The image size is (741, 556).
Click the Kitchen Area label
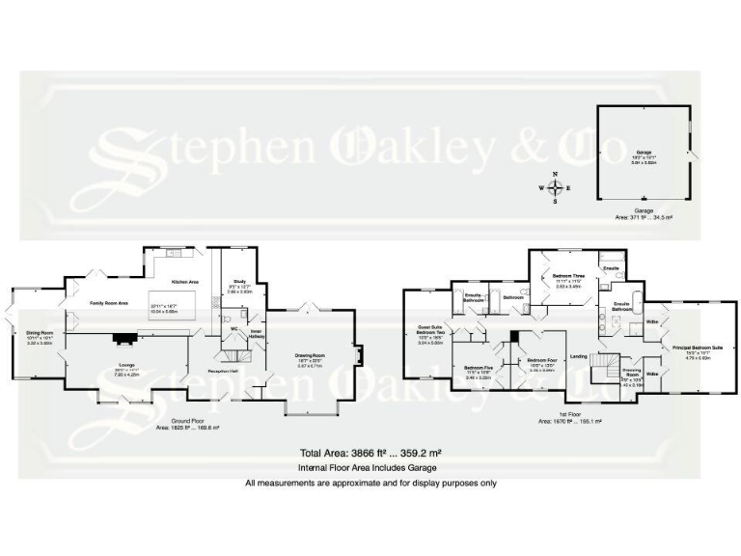click(184, 282)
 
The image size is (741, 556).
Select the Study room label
click(240, 283)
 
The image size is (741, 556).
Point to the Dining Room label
click(40, 332)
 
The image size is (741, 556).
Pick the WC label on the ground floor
click(234, 328)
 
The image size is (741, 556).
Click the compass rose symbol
click(555, 187)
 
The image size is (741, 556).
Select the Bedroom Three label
click(568, 275)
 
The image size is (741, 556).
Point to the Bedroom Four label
click(541, 360)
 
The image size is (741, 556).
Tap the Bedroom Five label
click(479, 368)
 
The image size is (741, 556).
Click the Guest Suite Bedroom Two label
click(429, 331)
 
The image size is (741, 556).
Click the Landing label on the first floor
click(580, 356)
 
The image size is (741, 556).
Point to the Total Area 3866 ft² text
click(370, 452)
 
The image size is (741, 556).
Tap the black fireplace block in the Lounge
click(124, 338)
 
